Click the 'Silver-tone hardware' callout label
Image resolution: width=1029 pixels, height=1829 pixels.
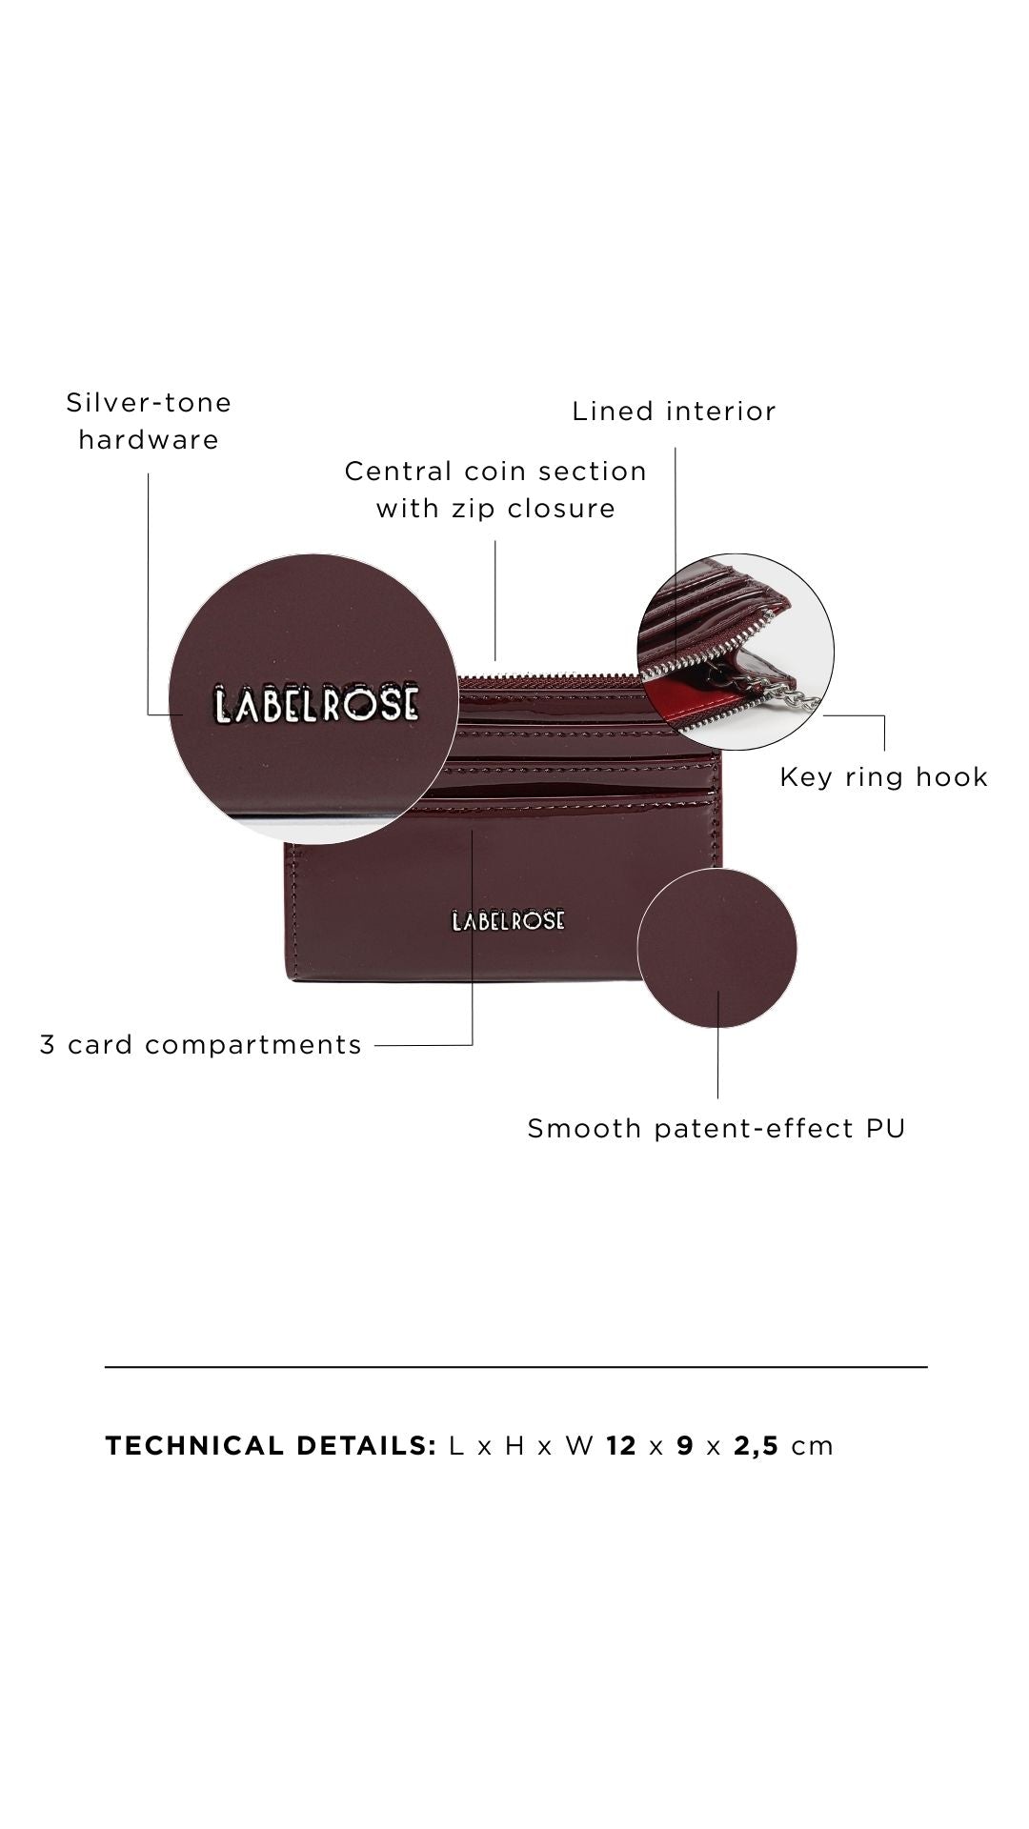[x=149, y=421]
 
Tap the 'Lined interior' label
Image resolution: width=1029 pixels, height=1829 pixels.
[x=674, y=412]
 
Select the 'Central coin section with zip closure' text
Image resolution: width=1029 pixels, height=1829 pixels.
[x=495, y=490]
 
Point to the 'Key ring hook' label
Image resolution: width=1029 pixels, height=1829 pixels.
[x=883, y=777]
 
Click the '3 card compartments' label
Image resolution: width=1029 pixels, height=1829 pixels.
[x=201, y=1045]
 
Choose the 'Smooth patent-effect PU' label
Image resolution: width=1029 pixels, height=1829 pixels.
[x=716, y=1129]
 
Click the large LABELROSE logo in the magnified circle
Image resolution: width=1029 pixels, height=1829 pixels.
[x=315, y=703]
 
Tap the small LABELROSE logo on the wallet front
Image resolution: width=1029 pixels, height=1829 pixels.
[x=508, y=920]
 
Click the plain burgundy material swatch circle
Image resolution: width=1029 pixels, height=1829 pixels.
[x=716, y=948]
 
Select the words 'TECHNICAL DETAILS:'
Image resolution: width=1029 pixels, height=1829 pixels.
[x=271, y=1446]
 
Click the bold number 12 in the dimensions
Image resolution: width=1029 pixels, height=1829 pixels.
[x=620, y=1446]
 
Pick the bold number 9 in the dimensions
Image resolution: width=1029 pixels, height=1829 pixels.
[x=684, y=1446]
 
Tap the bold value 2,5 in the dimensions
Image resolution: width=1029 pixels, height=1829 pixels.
[x=757, y=1446]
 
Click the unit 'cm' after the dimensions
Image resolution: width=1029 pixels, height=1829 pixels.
[x=813, y=1446]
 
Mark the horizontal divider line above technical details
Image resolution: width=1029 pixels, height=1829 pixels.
[x=515, y=1367]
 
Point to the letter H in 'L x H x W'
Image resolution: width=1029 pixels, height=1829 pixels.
[x=514, y=1446]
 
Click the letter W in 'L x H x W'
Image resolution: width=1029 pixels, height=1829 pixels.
[x=578, y=1446]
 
